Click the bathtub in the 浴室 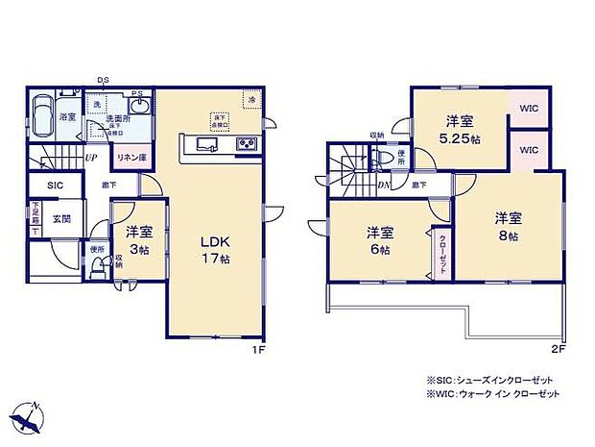[42, 116]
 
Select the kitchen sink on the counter [207, 145]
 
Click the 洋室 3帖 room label [139, 238]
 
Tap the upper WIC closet [530, 110]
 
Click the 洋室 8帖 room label [508, 225]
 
